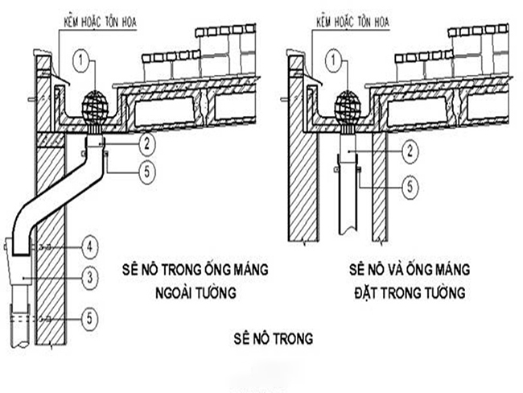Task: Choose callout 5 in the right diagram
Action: click(x=409, y=186)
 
